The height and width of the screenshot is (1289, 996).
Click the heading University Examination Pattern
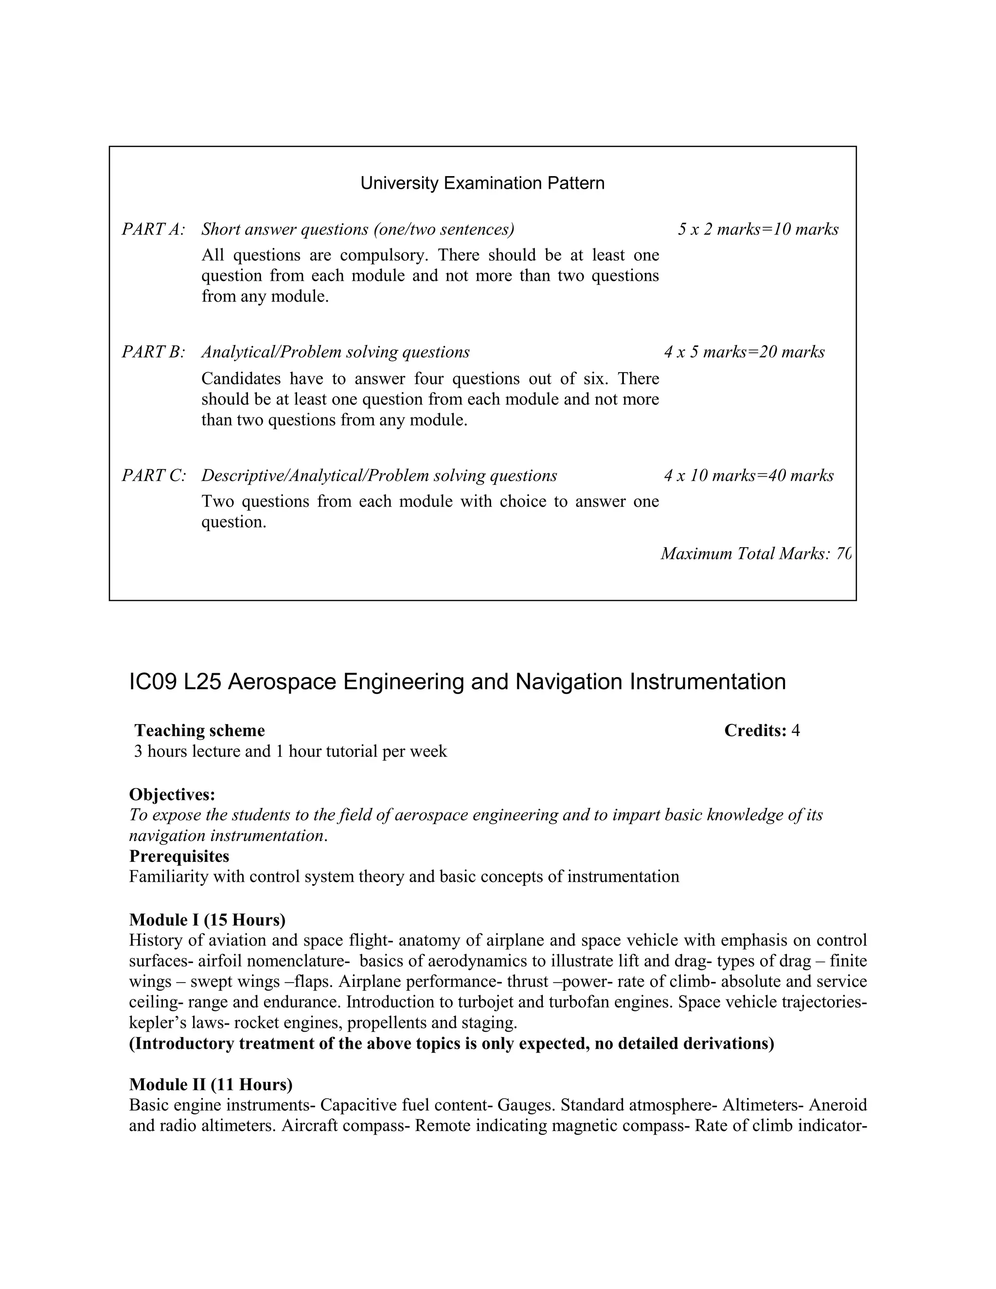click(482, 183)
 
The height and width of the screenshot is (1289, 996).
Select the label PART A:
click(153, 229)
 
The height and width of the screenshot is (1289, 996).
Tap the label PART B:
click(153, 352)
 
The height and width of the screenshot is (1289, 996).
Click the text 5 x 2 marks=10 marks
click(758, 229)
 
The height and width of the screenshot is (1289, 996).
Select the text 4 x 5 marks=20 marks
click(744, 352)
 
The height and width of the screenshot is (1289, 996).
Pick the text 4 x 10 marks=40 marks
click(748, 476)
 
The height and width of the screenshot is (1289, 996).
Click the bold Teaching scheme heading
click(199, 731)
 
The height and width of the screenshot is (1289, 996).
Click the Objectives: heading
click(172, 794)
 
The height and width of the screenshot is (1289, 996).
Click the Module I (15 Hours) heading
click(207, 920)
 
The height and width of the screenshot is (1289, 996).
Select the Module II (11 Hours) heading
click(211, 1084)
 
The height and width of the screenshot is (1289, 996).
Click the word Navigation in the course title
click(569, 681)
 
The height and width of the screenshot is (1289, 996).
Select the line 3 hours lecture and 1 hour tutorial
click(290, 752)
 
